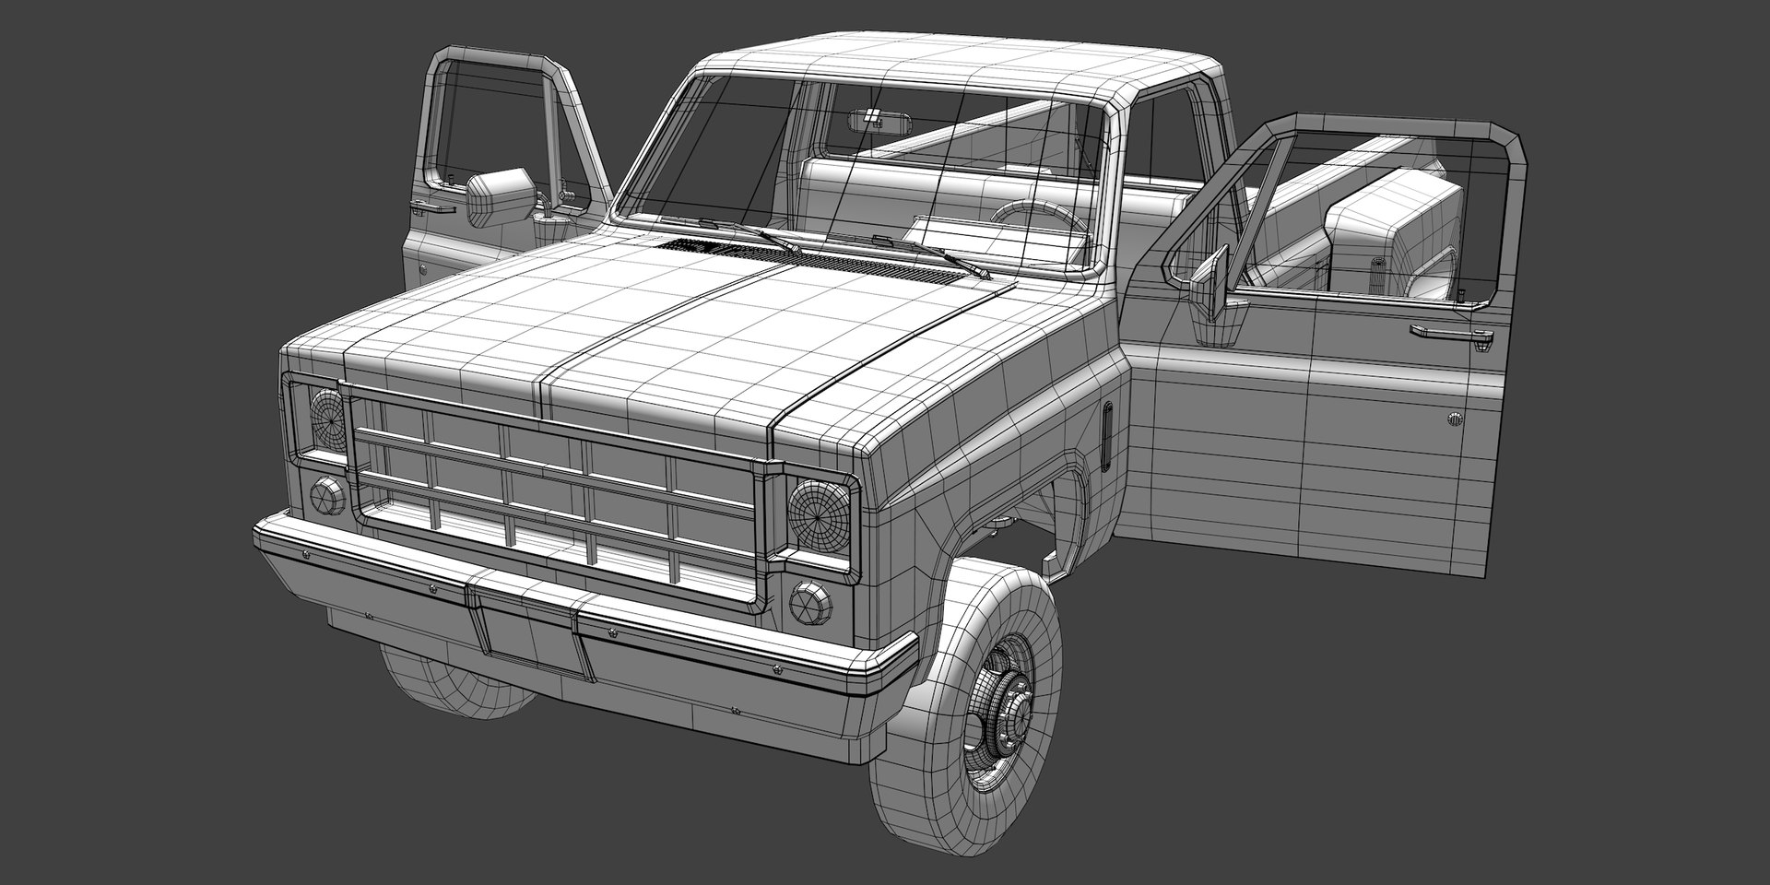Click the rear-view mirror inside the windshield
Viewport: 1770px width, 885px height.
click(867, 117)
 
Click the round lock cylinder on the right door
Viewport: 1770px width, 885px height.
click(1455, 419)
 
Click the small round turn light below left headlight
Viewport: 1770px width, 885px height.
click(325, 496)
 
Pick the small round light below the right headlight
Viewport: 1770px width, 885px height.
click(810, 601)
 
